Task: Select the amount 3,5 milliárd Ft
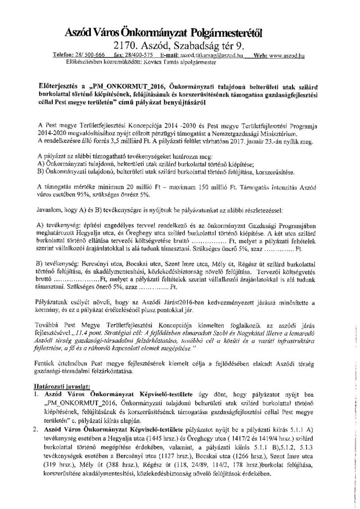click(x=141, y=128)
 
